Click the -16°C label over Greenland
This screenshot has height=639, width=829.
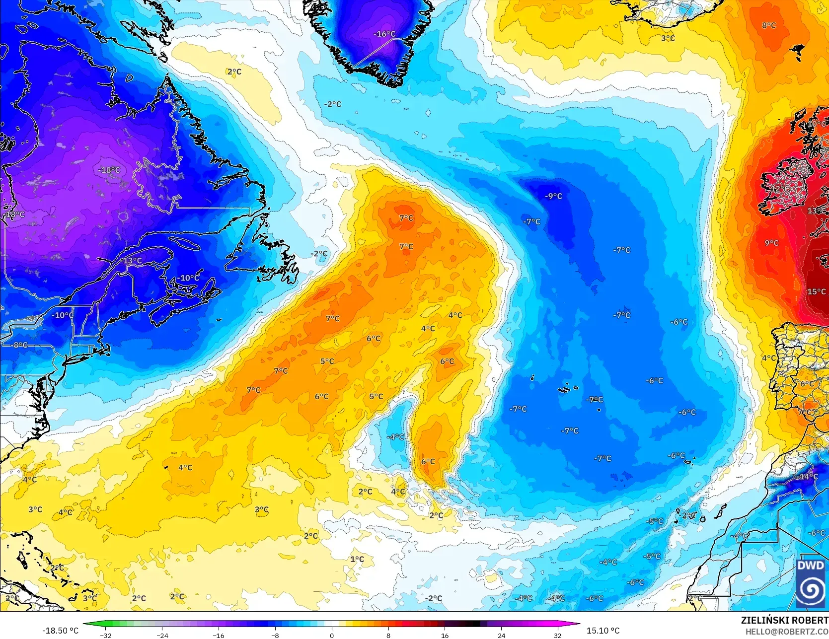pos(384,34)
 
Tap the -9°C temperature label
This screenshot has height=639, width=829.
pos(553,196)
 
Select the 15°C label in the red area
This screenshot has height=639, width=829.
pos(816,291)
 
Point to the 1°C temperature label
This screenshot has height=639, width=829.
pos(357,559)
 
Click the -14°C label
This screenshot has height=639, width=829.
pos(808,477)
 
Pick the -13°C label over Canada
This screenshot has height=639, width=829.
pos(132,261)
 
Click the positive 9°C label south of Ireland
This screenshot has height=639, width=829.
pos(771,243)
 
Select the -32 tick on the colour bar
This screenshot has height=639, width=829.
pos(106,635)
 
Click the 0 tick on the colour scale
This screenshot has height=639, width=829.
pos(332,635)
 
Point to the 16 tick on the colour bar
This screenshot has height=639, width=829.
pos(445,635)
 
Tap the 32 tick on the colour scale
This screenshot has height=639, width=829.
pos(557,635)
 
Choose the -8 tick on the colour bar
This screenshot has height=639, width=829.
pos(275,635)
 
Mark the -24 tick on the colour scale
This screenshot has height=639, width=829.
pos(162,635)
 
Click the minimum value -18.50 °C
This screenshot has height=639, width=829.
pos(60,631)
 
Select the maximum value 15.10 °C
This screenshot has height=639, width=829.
pos(603,631)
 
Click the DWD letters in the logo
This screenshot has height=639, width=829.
pos(810,566)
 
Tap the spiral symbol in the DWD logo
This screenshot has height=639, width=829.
pos(810,589)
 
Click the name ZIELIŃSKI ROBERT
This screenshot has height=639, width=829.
pos(784,620)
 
